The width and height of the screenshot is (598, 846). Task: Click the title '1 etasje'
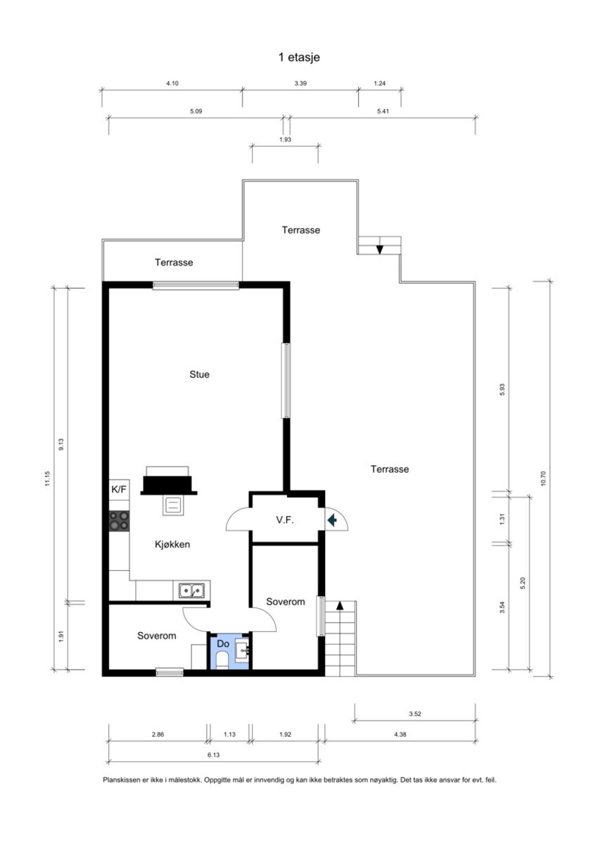(299, 57)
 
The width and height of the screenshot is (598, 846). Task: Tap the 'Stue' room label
(199, 374)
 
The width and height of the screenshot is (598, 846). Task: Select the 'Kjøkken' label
(172, 544)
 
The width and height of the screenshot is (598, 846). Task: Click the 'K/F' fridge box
(119, 489)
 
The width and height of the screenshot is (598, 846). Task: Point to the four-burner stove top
(119, 521)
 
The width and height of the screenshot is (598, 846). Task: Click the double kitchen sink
(191, 591)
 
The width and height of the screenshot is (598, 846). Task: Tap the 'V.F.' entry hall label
(284, 520)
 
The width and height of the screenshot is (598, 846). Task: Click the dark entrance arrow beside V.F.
(333, 519)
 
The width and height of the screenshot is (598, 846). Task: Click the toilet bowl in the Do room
(222, 659)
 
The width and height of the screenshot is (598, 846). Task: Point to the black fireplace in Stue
(169, 483)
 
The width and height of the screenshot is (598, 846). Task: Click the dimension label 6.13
(213, 754)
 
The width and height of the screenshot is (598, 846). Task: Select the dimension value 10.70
(543, 479)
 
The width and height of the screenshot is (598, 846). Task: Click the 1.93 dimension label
(286, 139)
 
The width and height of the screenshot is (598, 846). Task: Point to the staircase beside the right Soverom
(341, 637)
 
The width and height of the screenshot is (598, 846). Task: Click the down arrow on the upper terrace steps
(380, 248)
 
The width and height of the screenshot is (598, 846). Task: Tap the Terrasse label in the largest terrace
(390, 469)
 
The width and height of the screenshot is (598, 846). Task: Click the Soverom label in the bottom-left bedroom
(156, 635)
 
